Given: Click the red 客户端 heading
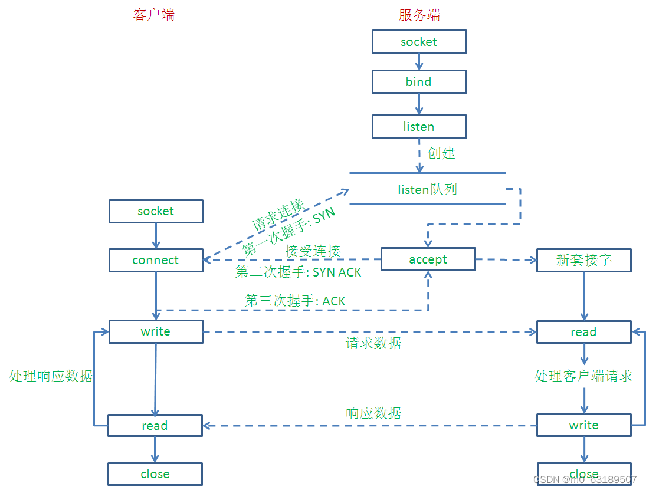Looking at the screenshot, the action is tap(153, 15).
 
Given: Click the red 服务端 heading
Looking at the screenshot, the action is tap(419, 15).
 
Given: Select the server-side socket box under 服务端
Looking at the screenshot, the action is tap(419, 42).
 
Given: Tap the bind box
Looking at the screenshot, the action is tap(419, 81).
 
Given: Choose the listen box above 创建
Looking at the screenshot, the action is tap(419, 126).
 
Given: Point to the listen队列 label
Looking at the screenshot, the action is tap(428, 189).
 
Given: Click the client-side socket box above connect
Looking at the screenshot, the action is tap(156, 211).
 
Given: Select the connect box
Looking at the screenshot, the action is tap(156, 260).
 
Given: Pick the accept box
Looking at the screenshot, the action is tap(428, 259).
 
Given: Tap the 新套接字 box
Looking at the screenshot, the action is tap(584, 260).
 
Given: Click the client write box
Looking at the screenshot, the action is tap(156, 331).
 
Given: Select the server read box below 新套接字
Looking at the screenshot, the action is tap(584, 332).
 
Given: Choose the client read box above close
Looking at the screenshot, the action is tap(155, 425).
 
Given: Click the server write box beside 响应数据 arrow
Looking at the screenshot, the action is tap(584, 425).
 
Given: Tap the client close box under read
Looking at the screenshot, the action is tap(155, 474).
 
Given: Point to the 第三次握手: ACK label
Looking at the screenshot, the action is tap(295, 301).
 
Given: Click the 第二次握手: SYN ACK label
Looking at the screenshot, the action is tap(299, 272).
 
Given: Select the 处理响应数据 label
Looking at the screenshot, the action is tap(51, 376).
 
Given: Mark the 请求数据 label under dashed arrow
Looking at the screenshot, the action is tap(373, 343).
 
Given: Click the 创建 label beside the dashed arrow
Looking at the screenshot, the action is tap(441, 153).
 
